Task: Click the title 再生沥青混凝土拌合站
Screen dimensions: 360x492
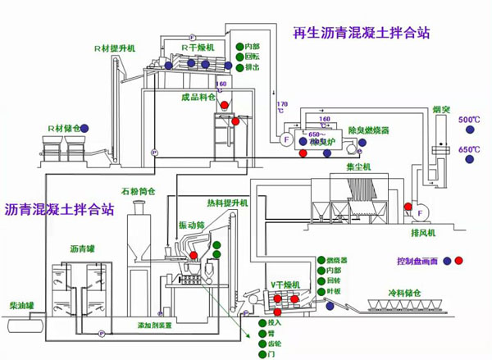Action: click(x=361, y=34)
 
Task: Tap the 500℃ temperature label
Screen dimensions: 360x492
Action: click(x=468, y=120)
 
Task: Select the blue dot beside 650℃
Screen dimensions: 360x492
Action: click(x=470, y=162)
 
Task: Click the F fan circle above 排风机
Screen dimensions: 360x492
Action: click(x=421, y=214)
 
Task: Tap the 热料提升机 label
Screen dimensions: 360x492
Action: click(x=227, y=203)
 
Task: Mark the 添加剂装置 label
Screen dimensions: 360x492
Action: click(x=154, y=325)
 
